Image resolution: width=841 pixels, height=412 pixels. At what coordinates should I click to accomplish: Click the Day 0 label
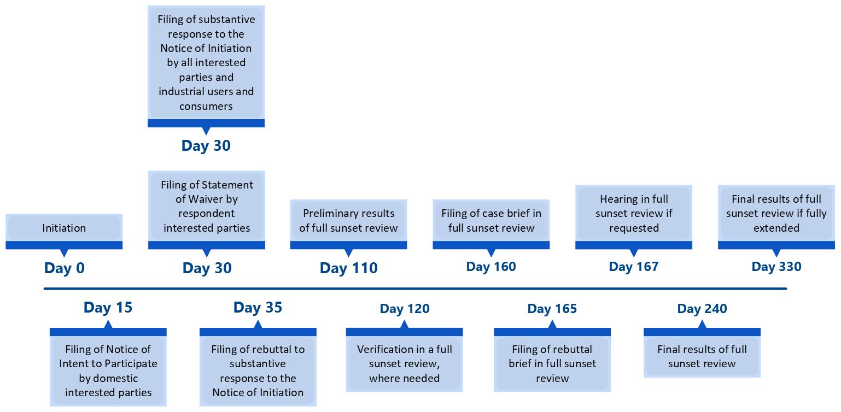[x=65, y=268]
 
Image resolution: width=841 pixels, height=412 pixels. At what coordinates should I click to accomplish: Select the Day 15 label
[x=108, y=308]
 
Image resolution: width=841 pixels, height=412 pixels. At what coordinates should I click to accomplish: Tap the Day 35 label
[x=258, y=308]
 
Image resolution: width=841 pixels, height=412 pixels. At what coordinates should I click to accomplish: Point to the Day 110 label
[x=349, y=268]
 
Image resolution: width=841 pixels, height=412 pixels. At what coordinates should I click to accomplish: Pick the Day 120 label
[x=405, y=309]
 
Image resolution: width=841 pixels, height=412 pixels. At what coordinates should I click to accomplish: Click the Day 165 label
[x=552, y=309]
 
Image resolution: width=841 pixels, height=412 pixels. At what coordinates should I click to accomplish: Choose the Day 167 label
[x=634, y=267]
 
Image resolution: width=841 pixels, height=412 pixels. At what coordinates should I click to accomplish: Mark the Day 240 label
[x=702, y=309]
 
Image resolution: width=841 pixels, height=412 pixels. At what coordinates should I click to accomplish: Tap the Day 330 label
[x=776, y=267]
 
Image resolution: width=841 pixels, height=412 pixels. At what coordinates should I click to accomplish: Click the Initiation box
[x=64, y=228]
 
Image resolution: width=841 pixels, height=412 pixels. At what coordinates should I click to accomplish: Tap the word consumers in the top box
[x=206, y=106]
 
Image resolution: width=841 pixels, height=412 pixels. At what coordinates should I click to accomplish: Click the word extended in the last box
[x=776, y=227]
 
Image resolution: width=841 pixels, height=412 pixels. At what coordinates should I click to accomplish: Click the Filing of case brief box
[x=491, y=221]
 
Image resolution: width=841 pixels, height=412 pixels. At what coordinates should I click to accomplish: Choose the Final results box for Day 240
[x=702, y=356]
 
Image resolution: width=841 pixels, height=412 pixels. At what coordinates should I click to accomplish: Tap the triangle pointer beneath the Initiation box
[x=64, y=252]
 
